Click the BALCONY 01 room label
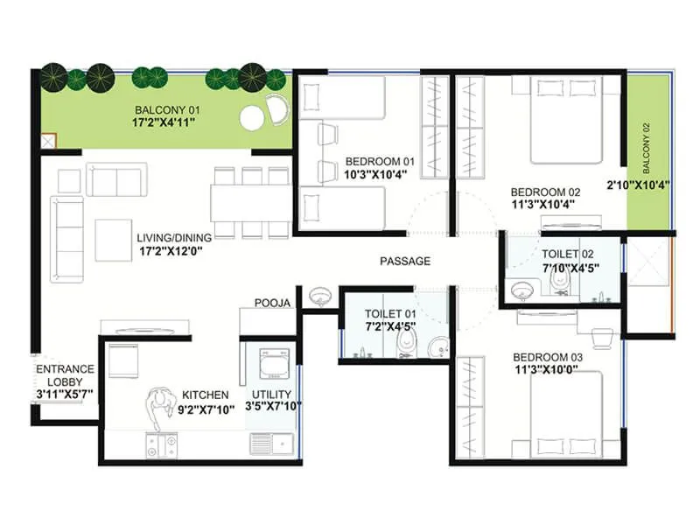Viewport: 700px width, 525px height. tap(164, 110)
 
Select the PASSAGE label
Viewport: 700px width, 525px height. tap(405, 261)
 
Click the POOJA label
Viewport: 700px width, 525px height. tap(272, 303)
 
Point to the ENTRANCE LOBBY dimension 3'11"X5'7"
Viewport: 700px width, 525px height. tap(65, 394)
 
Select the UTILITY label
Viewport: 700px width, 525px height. tap(271, 395)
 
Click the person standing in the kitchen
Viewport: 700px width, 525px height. tap(160, 409)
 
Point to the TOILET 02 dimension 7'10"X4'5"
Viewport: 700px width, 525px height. tap(569, 267)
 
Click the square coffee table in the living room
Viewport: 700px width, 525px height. tap(112, 237)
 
